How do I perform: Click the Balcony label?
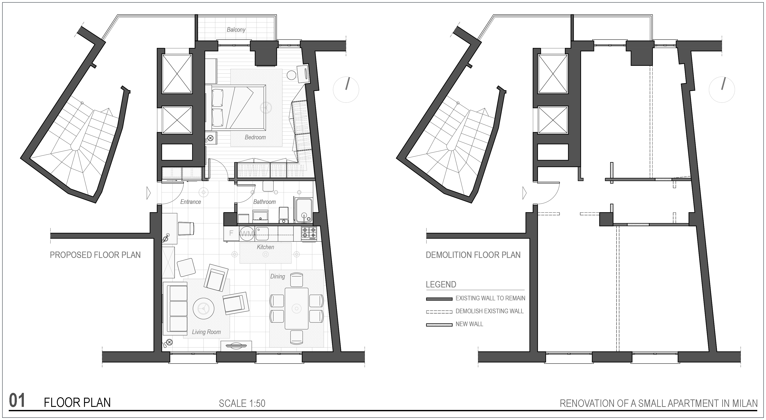click(236, 30)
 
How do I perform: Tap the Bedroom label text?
click(255, 137)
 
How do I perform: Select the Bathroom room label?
click(264, 202)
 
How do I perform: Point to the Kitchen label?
click(265, 247)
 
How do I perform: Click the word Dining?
click(278, 276)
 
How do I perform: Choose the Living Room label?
click(206, 332)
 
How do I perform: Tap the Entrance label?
click(191, 202)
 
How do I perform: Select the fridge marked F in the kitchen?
click(231, 234)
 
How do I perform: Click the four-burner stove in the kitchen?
click(309, 234)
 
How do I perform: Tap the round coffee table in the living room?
click(204, 308)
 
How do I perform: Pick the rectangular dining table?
click(297, 308)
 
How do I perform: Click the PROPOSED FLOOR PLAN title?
click(95, 255)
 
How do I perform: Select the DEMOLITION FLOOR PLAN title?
click(473, 255)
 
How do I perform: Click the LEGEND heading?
click(441, 284)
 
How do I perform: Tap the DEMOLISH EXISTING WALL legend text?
click(489, 311)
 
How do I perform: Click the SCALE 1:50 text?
click(242, 403)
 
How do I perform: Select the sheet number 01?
click(17, 401)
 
